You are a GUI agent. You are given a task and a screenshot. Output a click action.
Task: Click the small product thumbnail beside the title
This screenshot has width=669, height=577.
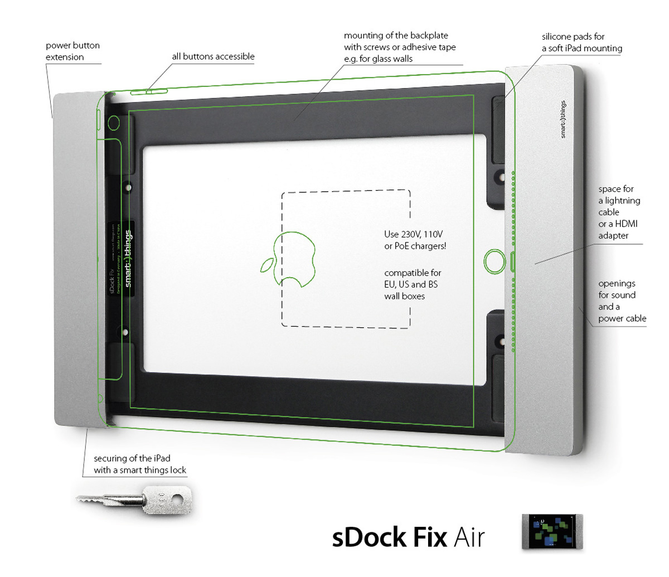[x=552, y=532]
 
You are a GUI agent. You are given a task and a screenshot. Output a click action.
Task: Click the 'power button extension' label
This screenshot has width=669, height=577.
[x=72, y=51]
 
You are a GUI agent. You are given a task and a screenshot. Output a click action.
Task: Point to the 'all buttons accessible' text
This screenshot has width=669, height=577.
[x=213, y=56]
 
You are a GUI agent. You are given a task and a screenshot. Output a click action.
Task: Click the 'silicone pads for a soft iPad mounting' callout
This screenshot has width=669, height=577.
[x=581, y=42]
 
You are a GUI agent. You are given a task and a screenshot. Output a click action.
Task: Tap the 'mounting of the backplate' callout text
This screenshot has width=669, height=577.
[x=400, y=47]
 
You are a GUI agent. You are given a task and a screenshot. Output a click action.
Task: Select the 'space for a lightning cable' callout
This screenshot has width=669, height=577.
[x=619, y=212]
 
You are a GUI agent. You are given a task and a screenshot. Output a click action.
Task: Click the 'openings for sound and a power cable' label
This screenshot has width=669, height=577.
[x=622, y=301]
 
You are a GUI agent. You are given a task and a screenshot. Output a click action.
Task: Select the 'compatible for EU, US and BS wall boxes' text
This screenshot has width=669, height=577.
[x=413, y=284]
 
